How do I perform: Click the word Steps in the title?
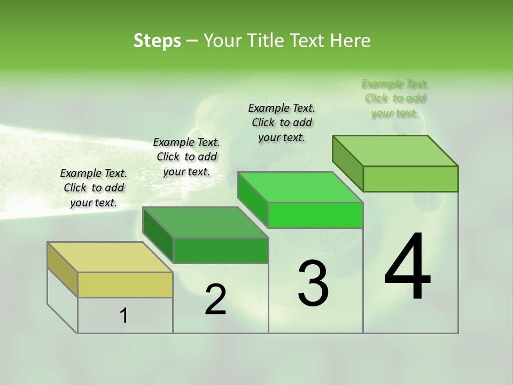[157, 41]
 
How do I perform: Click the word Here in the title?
[351, 41]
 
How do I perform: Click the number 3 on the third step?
[313, 283]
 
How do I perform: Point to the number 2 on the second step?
[215, 299]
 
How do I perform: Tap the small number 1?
[124, 316]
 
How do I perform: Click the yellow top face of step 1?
[110, 257]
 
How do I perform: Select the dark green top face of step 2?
[205, 222]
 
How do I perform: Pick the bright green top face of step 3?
[300, 187]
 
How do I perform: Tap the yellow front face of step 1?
[125, 284]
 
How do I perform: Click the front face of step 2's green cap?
[221, 250]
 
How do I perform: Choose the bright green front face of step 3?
[315, 215]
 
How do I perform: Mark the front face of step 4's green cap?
[410, 179]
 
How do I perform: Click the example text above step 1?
[94, 188]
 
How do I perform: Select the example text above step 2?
[186, 157]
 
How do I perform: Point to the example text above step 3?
[282, 122]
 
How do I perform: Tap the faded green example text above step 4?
[395, 98]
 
